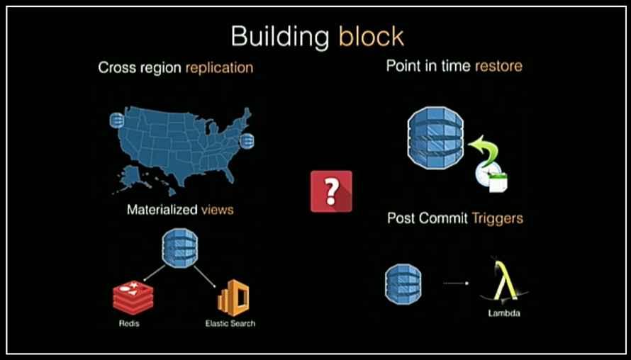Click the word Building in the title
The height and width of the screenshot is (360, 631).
[280, 38]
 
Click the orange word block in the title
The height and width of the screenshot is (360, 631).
[371, 36]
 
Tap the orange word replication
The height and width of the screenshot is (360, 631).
[219, 67]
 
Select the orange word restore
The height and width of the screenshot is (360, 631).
[498, 66]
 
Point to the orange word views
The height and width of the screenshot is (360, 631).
[218, 210]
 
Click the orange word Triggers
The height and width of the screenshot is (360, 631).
[498, 219]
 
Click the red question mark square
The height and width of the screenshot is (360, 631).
[331, 191]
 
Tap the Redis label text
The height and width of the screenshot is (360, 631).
[129, 323]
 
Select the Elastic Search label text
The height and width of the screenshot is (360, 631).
[230, 323]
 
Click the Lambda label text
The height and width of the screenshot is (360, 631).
[504, 313]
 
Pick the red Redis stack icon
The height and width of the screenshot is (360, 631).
[133, 298]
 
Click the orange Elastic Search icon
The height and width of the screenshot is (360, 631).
[233, 298]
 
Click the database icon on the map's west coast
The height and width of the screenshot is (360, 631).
[117, 120]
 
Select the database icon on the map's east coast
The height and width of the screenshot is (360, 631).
[247, 141]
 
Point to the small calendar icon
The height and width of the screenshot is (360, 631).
[498, 184]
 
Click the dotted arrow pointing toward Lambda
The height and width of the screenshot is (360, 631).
[456, 283]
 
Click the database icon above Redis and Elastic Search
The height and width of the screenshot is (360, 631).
[180, 248]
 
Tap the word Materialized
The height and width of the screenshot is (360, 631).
[162, 210]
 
